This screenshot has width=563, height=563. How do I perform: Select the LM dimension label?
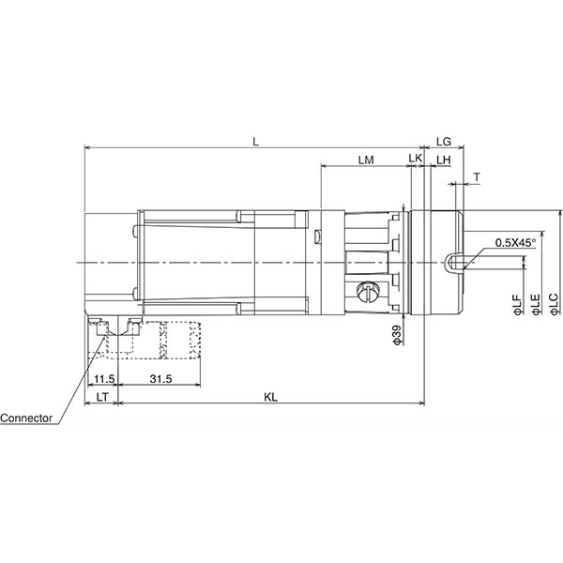[366, 160]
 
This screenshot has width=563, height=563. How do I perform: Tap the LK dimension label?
[415, 160]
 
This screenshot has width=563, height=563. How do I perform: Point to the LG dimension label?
[445, 141]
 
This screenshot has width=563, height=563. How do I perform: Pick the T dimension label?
[477, 176]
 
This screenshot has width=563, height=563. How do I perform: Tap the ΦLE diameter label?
[535, 305]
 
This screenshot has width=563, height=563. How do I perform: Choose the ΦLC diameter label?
[554, 305]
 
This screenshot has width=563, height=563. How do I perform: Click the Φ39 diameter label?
[397, 336]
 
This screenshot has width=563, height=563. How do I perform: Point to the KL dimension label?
[270, 398]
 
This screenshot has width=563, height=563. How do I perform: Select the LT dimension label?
[103, 398]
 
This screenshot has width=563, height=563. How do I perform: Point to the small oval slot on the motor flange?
[318, 235]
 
